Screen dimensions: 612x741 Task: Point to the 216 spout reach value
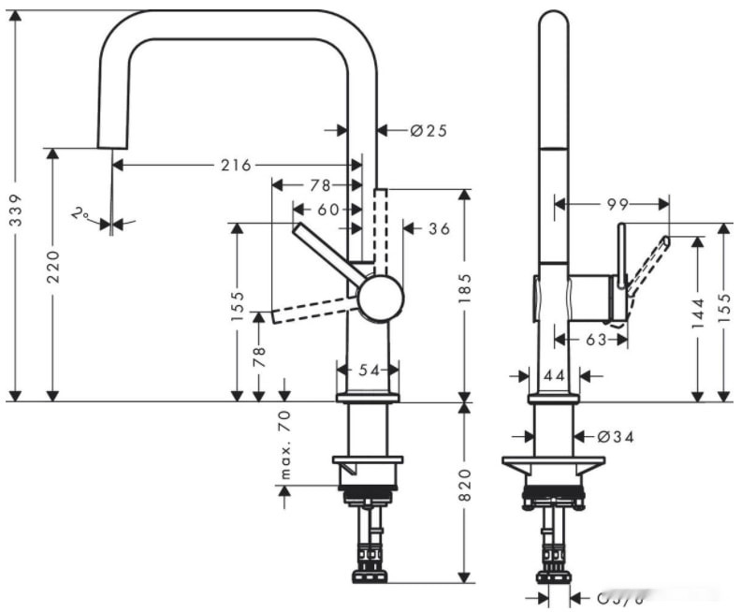(x=236, y=166)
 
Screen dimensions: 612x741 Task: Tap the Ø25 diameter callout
(x=428, y=131)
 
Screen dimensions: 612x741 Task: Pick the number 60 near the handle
(x=327, y=210)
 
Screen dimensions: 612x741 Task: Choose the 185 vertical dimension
(x=464, y=293)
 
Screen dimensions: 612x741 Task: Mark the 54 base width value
(x=369, y=371)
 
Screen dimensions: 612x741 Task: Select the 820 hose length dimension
(x=464, y=485)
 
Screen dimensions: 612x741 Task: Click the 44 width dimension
(x=554, y=375)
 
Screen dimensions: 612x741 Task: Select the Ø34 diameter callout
(x=612, y=436)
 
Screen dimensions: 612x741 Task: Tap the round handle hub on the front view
(x=381, y=299)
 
